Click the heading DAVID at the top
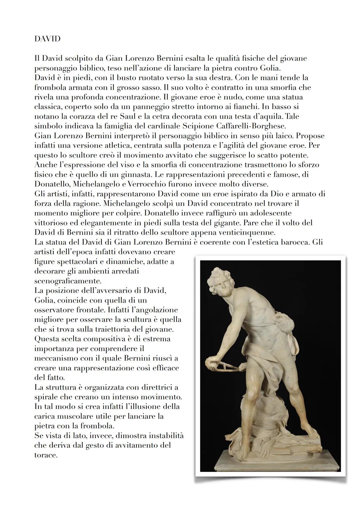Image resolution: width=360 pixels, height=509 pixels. point(47,39)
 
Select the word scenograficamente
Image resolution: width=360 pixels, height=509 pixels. point(68,281)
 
